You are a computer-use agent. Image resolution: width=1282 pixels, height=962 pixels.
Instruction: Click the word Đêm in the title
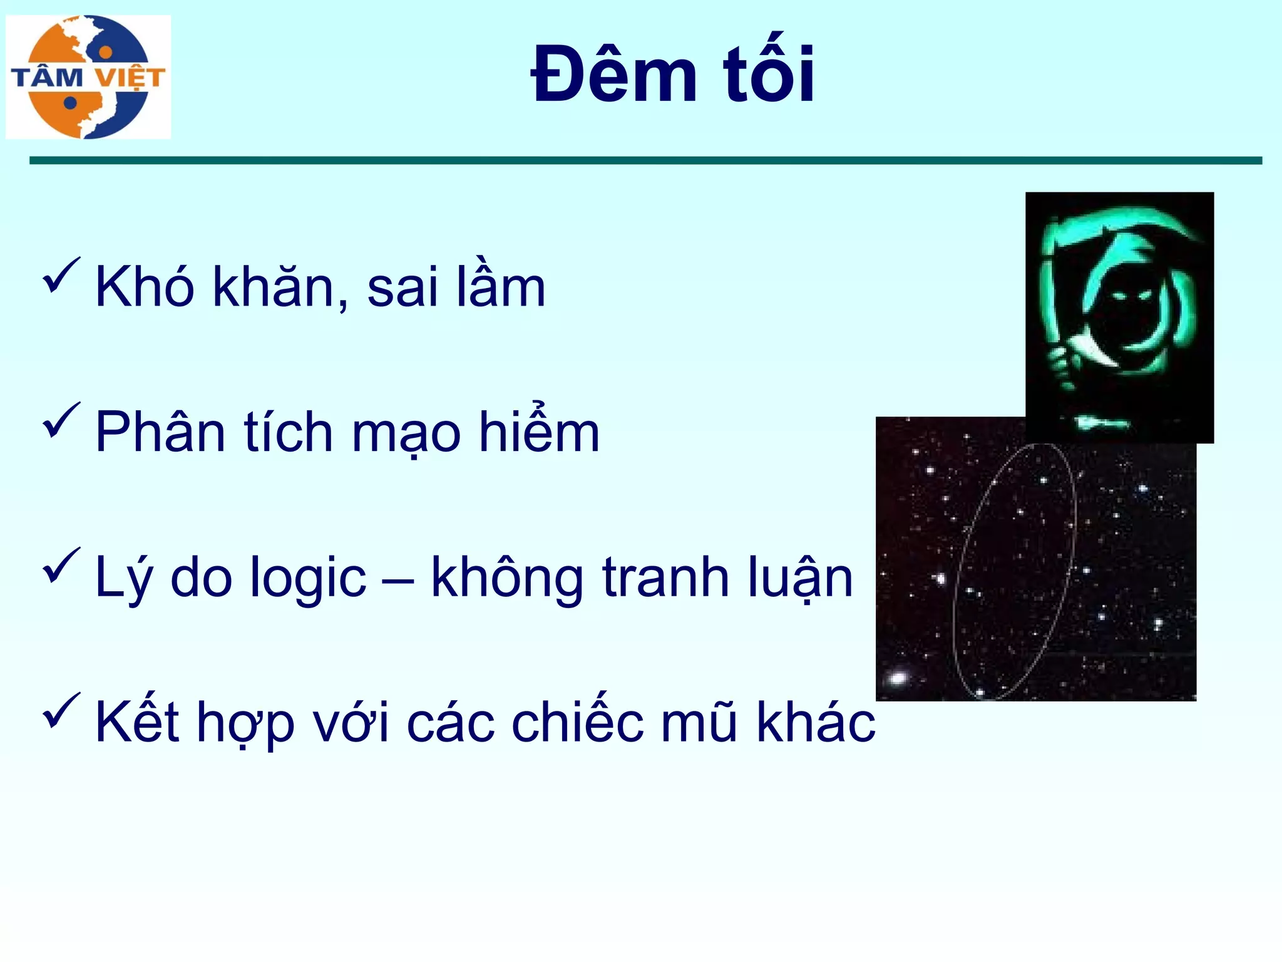pyautogui.click(x=613, y=75)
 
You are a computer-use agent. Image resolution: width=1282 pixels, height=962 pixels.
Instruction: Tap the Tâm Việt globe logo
pyautogui.click(x=88, y=77)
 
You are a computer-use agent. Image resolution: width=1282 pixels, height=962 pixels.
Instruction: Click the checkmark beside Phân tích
pyautogui.click(x=61, y=421)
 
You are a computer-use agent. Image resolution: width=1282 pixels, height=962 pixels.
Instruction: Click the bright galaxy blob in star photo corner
pyautogui.click(x=898, y=678)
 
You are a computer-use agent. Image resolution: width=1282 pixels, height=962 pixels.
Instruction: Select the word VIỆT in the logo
pyautogui.click(x=130, y=78)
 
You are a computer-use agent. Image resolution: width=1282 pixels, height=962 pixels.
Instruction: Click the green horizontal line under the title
pyautogui.click(x=645, y=161)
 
